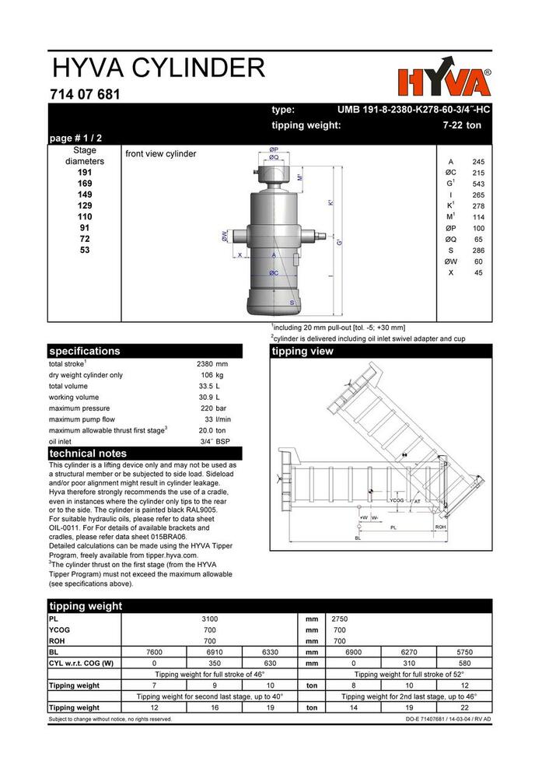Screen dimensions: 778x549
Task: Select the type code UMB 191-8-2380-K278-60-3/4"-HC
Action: (x=413, y=110)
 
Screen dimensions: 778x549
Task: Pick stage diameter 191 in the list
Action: (x=85, y=173)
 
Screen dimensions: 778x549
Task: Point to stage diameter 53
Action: (x=85, y=250)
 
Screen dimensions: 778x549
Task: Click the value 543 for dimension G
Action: (x=477, y=184)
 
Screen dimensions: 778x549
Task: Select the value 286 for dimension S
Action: (x=477, y=251)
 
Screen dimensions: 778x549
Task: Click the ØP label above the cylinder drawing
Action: (x=274, y=149)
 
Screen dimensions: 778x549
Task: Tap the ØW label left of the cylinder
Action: (x=224, y=236)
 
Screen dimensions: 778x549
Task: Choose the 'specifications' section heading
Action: (x=85, y=351)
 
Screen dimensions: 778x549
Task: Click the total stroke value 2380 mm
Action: (x=212, y=363)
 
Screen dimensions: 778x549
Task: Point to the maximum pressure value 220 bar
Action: (x=213, y=408)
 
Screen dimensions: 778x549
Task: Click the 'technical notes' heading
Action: (x=88, y=454)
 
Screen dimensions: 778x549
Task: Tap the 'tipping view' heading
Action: (x=302, y=351)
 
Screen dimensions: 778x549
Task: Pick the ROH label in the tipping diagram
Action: (x=441, y=527)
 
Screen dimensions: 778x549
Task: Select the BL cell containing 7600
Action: (x=155, y=652)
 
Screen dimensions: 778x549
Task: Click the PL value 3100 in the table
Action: (x=210, y=619)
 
